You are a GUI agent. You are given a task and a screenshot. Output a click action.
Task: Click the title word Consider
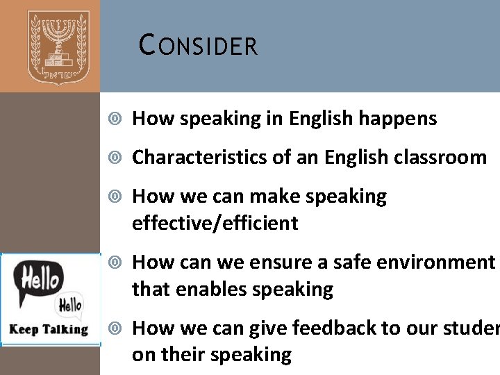click(199, 46)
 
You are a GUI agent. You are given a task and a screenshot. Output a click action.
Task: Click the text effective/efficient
click(215, 223)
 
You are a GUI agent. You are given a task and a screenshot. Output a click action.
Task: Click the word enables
click(213, 288)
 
